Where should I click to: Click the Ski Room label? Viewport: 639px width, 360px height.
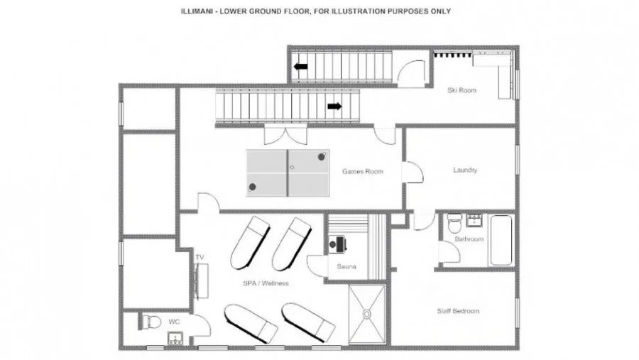(461, 90)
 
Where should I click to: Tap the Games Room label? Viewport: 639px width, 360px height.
(362, 171)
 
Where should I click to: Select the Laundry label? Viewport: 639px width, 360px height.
(465, 170)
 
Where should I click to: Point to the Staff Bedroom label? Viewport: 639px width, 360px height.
(458, 311)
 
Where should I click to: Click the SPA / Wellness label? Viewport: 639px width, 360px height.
(266, 283)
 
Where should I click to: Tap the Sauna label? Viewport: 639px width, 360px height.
(346, 267)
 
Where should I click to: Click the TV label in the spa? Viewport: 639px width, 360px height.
(200, 257)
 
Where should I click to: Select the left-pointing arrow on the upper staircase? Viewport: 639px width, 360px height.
(301, 66)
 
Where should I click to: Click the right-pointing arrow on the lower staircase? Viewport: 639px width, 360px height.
(334, 107)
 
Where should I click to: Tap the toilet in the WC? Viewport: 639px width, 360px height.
(151, 322)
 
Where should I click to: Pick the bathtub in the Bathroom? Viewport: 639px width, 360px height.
(501, 240)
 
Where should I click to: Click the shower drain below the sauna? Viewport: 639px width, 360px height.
(366, 314)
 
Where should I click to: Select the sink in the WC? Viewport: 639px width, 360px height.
(175, 339)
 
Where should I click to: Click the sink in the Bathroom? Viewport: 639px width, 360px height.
(474, 220)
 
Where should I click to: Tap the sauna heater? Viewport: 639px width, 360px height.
(337, 244)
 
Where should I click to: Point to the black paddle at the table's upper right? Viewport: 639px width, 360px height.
(322, 156)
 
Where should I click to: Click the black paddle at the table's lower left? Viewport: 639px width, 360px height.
(252, 187)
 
